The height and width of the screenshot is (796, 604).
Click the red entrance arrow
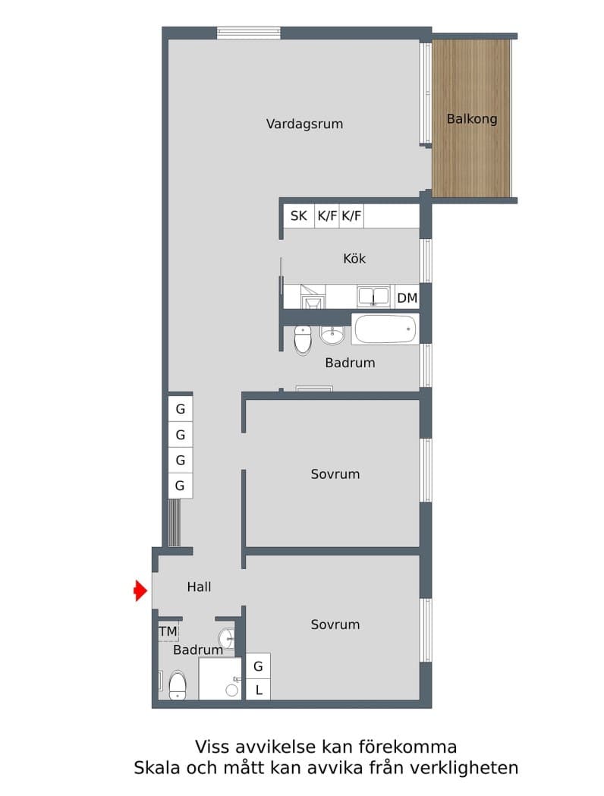tap(140, 590)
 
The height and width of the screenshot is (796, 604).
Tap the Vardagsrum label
tap(304, 124)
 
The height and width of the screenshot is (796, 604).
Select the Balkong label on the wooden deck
tap(472, 119)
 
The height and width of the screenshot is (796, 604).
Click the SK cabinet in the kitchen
tap(299, 216)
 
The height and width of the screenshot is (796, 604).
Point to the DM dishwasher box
tap(407, 297)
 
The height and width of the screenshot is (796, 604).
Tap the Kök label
tap(354, 259)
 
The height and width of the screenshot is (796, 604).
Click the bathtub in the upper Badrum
tap(385, 329)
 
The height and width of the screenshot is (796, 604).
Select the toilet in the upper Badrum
tap(303, 340)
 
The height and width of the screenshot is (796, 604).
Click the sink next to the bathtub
tap(332, 334)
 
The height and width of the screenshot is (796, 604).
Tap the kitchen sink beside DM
tap(373, 296)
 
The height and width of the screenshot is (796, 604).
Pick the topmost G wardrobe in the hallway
tap(181, 410)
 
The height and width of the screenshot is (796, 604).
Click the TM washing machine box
tap(168, 631)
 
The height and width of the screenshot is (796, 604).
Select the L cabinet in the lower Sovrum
tap(259, 690)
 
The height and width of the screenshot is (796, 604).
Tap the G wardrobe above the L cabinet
tap(259, 666)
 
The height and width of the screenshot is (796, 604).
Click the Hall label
tap(199, 587)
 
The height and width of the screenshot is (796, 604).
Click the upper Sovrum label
tap(335, 474)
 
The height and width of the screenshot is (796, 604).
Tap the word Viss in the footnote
tap(212, 746)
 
